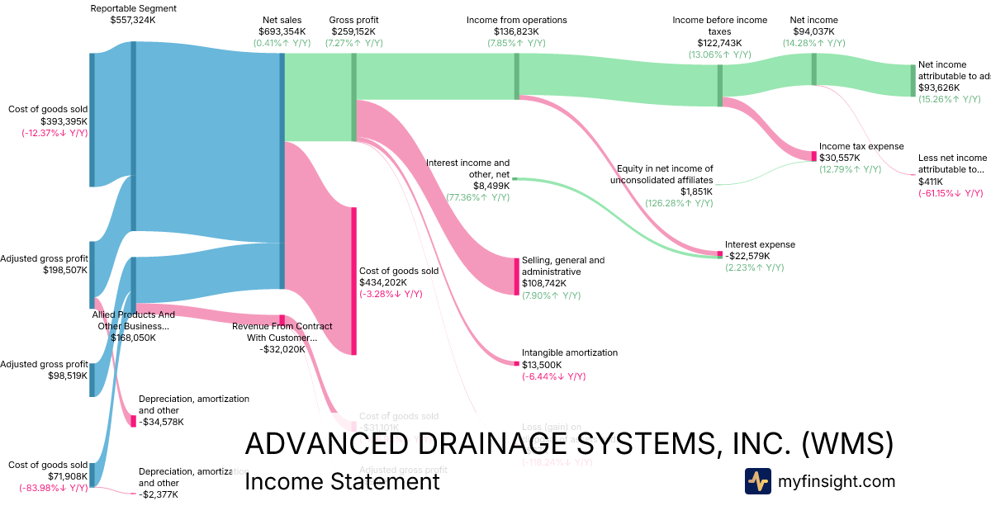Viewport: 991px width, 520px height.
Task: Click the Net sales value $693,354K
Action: [282, 31]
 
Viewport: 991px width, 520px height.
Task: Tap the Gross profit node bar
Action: [354, 97]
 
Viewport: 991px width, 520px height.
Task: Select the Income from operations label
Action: [516, 20]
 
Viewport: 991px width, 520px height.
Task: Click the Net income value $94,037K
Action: [813, 31]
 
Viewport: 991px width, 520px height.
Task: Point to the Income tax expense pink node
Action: [813, 156]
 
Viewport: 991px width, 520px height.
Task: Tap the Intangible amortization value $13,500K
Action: [542, 365]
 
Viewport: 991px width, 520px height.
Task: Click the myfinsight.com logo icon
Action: [757, 481]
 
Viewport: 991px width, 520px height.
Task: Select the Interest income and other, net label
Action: [467, 168]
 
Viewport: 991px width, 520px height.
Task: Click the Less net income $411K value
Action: [930, 182]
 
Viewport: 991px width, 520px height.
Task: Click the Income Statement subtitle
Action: [342, 481]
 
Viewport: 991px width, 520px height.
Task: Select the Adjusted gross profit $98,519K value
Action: [66, 376]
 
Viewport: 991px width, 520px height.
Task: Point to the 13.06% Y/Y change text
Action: [719, 54]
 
